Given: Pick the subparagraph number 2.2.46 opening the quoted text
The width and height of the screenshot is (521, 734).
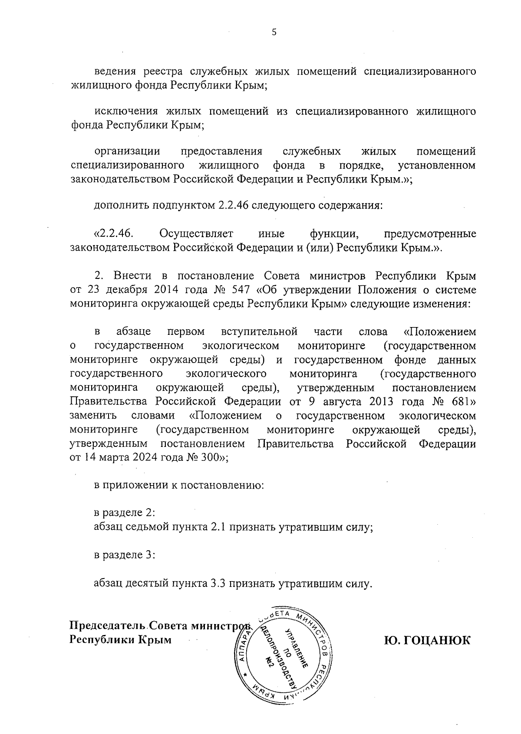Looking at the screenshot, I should pos(114,234).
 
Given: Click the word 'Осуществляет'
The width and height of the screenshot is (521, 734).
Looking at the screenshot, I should pos(196,234).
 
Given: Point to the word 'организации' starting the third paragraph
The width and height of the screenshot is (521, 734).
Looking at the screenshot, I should pos(127,152).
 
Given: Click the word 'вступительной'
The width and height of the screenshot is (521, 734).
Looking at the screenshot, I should pos(259,332).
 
